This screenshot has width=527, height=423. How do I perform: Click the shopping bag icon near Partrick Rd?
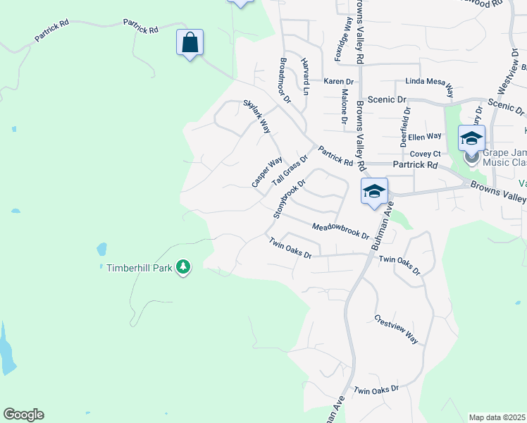pyautogui.click(x=190, y=42)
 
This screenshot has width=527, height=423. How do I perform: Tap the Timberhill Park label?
pyautogui.click(x=139, y=268)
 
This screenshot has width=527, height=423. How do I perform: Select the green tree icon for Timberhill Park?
pyautogui.click(x=183, y=267)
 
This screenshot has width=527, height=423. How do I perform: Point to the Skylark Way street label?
pyautogui.click(x=257, y=116)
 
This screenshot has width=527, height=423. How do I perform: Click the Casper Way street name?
pyautogui.click(x=267, y=172)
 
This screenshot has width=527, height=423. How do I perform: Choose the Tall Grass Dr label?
pyautogui.click(x=290, y=171)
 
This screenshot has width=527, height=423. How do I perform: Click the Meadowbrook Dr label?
pyautogui.click(x=341, y=231)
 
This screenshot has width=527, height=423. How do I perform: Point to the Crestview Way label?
pyautogui.click(x=396, y=329)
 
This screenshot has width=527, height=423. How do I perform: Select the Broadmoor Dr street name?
pyautogui.click(x=285, y=80)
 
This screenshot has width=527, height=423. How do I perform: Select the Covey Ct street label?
pyautogui.click(x=425, y=154)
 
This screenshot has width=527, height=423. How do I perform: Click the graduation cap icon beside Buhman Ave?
pyautogui.click(x=374, y=191)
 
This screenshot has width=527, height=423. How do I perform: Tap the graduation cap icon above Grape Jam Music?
pyautogui.click(x=471, y=137)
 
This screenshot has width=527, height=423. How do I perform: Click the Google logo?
pyautogui.click(x=23, y=415)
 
